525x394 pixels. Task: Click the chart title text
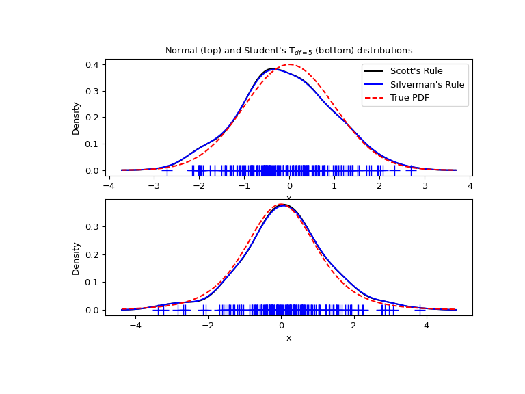click(x=288, y=51)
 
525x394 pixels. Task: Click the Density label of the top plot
click(x=77, y=118)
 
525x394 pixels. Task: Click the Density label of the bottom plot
click(x=77, y=258)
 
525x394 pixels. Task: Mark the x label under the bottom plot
click(x=288, y=338)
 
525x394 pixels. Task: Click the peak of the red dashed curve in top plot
click(x=289, y=64)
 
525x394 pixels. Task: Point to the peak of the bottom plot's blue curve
click(x=283, y=205)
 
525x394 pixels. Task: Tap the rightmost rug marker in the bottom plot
click(x=420, y=310)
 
